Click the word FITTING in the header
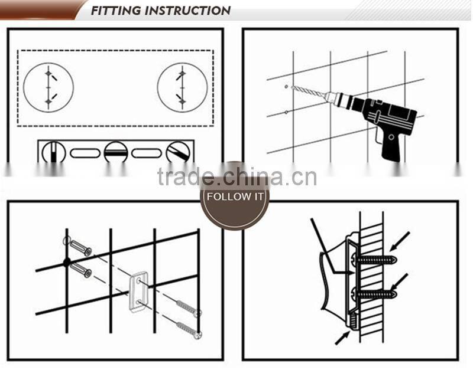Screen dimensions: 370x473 pos(116,11)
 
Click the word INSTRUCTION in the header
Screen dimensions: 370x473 pos(187,11)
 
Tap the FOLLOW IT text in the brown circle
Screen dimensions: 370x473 pos(235,197)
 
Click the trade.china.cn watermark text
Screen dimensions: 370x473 pos(237,176)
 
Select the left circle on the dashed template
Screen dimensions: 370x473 pos(48,87)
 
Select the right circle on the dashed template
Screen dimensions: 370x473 pos(182,87)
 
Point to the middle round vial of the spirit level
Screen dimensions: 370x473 pos(116,153)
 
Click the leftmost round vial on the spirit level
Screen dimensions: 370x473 pos(54,153)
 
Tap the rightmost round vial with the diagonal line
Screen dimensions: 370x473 pos(178,153)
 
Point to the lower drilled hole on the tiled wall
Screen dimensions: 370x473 pos(286,112)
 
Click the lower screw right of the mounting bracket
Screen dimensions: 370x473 pos(189,328)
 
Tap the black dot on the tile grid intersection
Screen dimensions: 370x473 pos(67,261)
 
